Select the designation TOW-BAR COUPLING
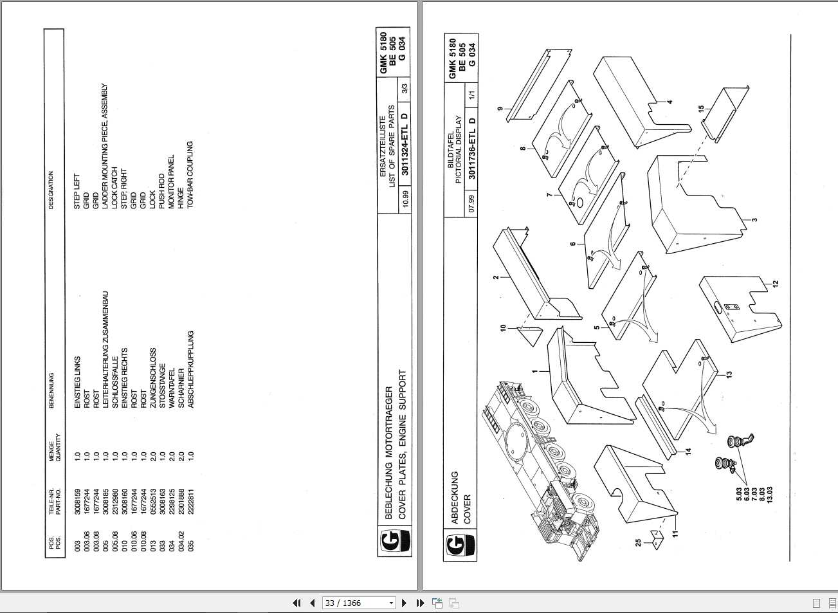190,167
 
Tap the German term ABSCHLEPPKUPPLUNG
190,370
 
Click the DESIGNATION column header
51,190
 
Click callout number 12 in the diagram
776,284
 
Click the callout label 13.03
769,493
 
